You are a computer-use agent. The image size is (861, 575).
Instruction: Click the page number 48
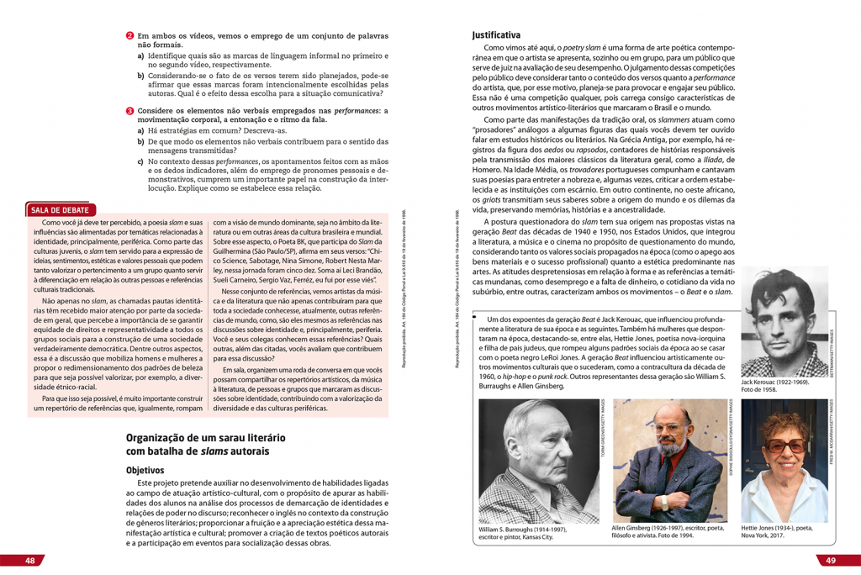(29, 561)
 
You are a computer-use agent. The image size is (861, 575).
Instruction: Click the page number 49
(829, 561)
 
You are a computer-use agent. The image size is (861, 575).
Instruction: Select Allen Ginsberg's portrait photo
(670, 462)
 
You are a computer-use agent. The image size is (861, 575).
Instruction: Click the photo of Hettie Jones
(784, 462)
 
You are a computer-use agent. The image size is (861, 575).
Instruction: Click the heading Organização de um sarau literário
(206, 438)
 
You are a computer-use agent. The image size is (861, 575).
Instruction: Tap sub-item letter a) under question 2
(141, 55)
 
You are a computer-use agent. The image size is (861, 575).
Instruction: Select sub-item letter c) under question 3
(141, 161)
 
